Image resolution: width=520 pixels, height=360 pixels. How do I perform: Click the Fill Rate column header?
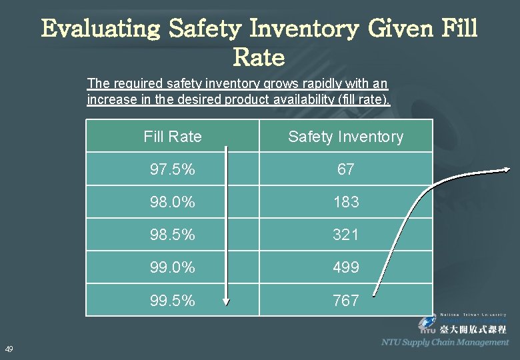coord(172,137)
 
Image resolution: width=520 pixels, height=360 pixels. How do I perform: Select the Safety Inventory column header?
coord(345,137)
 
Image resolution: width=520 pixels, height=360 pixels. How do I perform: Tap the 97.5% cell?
coord(172,169)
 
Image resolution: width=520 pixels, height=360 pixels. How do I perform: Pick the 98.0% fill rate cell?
coord(172,202)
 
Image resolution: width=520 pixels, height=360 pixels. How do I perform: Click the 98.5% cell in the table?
coord(172,235)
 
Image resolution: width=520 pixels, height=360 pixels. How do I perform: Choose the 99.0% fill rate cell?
coord(172,267)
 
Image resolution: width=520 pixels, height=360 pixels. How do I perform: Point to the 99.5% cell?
coord(172,301)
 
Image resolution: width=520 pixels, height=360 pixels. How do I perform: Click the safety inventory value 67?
coord(345,169)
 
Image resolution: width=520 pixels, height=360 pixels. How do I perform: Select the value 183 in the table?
coord(345,202)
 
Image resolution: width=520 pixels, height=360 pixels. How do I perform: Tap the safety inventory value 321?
coord(345,235)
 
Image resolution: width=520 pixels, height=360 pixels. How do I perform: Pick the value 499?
coord(345,267)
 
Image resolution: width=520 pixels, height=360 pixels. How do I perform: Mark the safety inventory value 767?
coord(345,301)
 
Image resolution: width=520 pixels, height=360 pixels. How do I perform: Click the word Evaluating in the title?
coord(101,29)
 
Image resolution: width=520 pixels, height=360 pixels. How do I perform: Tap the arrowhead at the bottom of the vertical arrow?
coord(226,301)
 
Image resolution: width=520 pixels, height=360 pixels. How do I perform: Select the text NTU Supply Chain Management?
coord(445,343)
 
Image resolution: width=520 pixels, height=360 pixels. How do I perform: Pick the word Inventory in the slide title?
coord(311,29)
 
